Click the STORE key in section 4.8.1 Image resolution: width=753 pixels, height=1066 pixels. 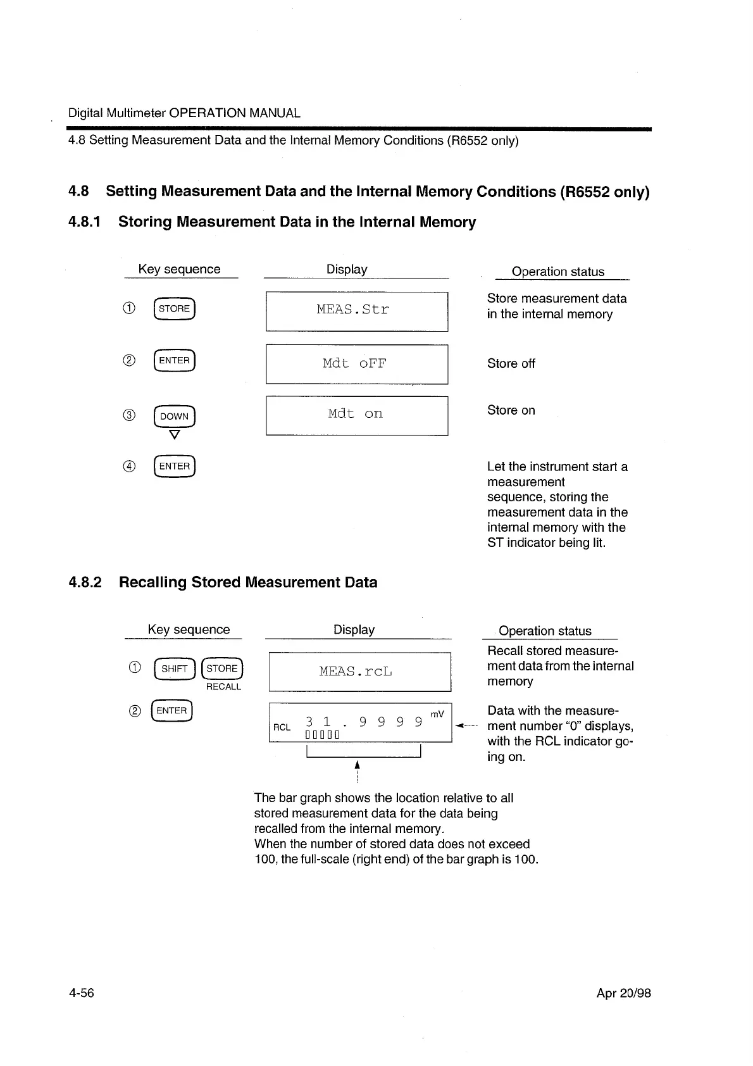click(x=174, y=309)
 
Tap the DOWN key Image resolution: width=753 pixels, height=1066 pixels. click(x=174, y=416)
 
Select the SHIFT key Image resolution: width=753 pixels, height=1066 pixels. click(x=174, y=668)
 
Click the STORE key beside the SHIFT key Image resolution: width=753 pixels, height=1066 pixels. click(x=221, y=668)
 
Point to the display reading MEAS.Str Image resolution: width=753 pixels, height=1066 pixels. click(x=353, y=310)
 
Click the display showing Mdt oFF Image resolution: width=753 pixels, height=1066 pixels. click(x=354, y=363)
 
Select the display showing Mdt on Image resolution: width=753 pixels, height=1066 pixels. click(x=355, y=414)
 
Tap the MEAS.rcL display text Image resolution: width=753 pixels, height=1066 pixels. click(x=356, y=671)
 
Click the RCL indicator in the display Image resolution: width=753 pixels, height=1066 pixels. click(x=282, y=727)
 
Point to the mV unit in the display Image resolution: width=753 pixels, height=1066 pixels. click(x=437, y=714)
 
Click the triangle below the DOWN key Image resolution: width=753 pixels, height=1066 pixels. click(x=175, y=435)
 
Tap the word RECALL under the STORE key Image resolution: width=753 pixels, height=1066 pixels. click(x=223, y=687)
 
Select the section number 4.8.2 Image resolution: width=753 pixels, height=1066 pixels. click(x=85, y=582)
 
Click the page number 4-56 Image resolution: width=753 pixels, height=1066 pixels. click(x=81, y=993)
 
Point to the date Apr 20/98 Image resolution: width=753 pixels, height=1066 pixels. click(x=623, y=993)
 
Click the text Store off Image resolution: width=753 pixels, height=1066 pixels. click(x=511, y=363)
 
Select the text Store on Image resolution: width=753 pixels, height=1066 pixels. click(x=511, y=410)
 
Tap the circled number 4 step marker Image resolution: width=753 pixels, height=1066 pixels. click(x=128, y=467)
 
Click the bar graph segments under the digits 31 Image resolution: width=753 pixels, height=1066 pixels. click(x=322, y=735)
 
